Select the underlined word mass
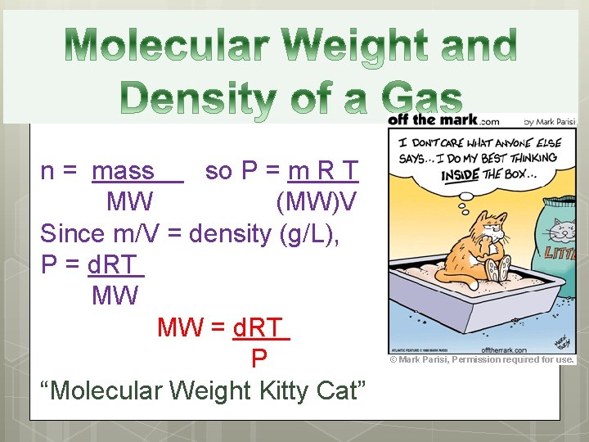(x=124, y=171)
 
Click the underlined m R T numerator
(x=324, y=171)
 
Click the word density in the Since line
(x=232, y=233)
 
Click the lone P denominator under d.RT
(x=259, y=359)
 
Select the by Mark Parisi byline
(x=549, y=122)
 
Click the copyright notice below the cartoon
(x=482, y=359)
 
